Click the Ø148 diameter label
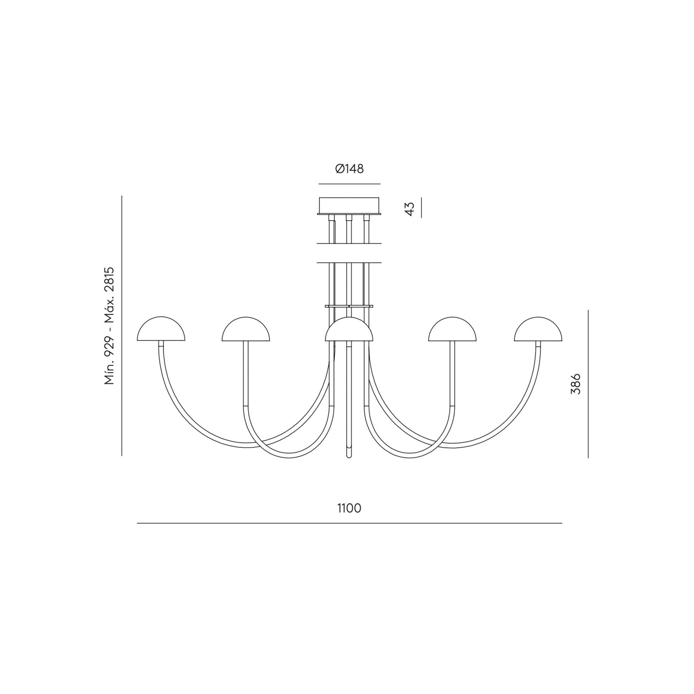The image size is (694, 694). pos(349,169)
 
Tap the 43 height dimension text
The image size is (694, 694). pos(409,209)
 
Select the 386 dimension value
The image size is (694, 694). pos(575,384)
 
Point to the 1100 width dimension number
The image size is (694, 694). pos(349,508)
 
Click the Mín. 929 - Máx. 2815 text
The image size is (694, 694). pos(109,326)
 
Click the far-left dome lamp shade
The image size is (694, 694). pos(161,329)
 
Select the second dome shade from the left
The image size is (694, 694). pos(246,329)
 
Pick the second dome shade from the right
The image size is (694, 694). pos(452,329)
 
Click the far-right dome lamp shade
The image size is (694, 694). pos(538,329)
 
